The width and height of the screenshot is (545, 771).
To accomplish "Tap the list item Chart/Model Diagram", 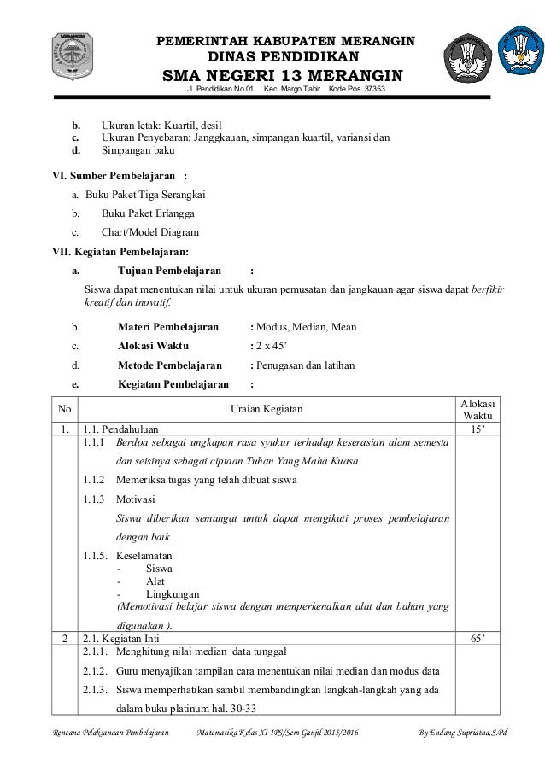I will [x=150, y=232].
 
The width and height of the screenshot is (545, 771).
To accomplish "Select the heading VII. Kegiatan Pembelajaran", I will [x=120, y=251].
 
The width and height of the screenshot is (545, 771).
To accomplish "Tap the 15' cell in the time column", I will [x=478, y=429].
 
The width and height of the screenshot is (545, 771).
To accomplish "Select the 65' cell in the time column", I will [x=478, y=638].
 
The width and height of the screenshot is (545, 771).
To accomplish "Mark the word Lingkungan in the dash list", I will [x=173, y=593].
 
